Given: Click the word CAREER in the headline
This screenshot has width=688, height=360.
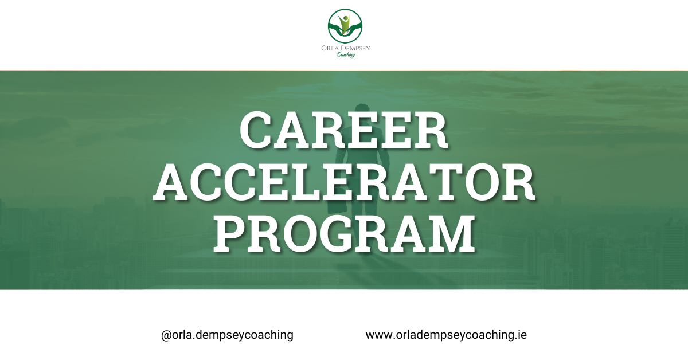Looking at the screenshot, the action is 343,130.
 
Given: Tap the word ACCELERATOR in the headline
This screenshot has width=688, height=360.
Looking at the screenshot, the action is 344,182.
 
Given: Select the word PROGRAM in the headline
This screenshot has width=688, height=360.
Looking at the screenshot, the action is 345,234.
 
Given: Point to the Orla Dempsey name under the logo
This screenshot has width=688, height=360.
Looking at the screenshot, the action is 346,48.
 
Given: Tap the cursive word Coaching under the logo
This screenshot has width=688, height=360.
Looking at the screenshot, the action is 346,55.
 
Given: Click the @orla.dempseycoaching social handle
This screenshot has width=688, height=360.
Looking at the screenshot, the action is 227,335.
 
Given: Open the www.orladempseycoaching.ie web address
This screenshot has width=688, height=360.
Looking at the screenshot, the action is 446,335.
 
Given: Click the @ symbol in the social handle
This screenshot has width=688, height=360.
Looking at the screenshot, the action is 166,335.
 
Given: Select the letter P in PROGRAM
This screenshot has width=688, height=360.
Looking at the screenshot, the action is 230,234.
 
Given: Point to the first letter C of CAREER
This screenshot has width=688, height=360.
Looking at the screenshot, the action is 257,131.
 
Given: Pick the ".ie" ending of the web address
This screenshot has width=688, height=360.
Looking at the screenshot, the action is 521,334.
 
